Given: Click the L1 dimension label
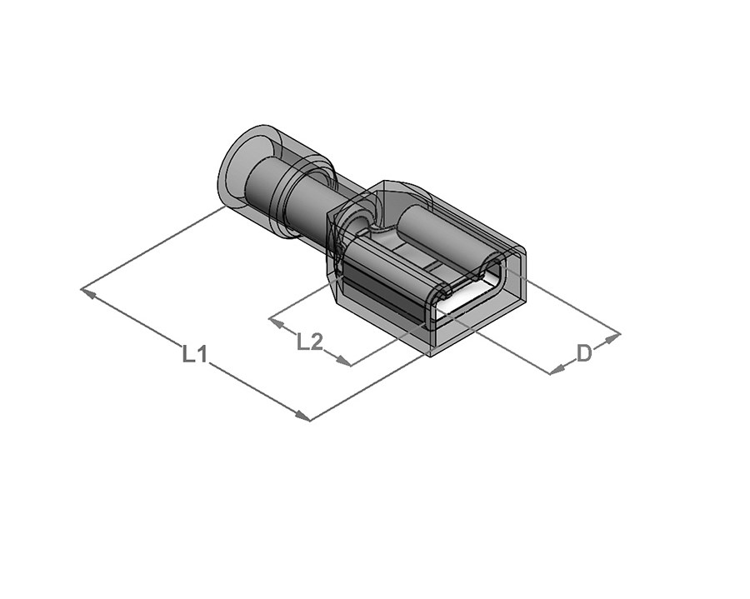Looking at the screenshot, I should click(194, 355).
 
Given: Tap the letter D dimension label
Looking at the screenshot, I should click(584, 353).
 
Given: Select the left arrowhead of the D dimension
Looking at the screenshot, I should click(555, 370).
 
